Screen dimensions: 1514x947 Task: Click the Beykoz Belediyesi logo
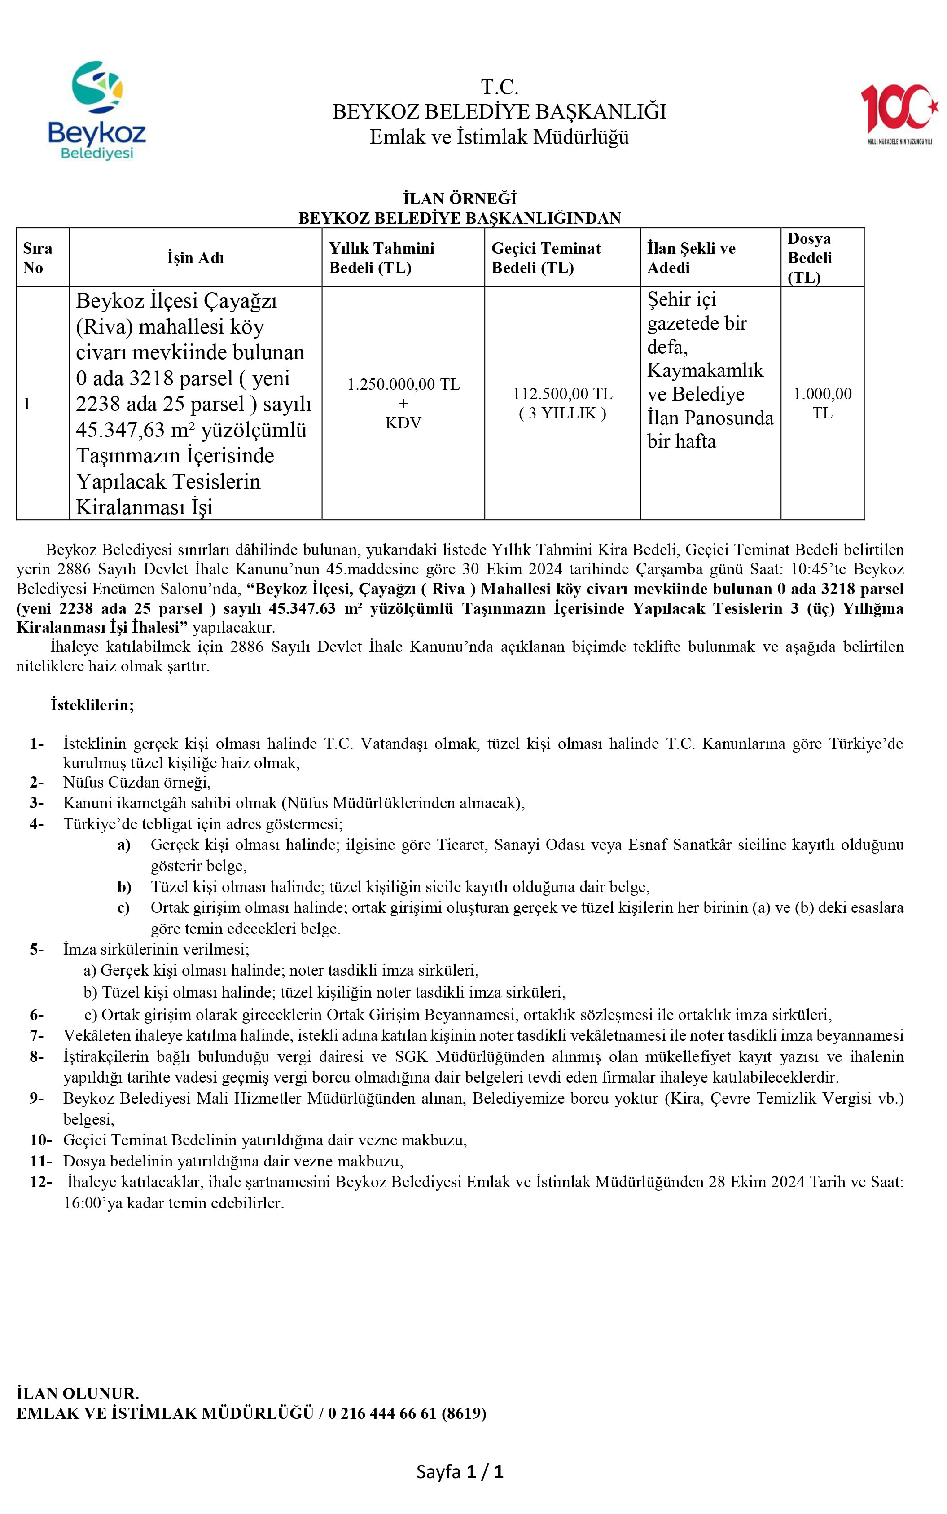(97, 110)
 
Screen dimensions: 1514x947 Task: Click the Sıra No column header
(38, 257)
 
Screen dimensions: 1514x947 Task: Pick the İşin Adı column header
(195, 257)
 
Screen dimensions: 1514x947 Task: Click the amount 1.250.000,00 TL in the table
(403, 384)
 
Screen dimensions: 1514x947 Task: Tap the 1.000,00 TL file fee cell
(822, 403)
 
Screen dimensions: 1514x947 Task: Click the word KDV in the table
(403, 423)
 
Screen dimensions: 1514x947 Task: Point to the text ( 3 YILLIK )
(562, 414)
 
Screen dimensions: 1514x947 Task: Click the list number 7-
(36, 1035)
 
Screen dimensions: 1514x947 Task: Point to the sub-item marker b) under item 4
(124, 887)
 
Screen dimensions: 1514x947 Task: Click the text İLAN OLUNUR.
(78, 1393)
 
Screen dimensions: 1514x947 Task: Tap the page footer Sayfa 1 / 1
(460, 1471)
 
